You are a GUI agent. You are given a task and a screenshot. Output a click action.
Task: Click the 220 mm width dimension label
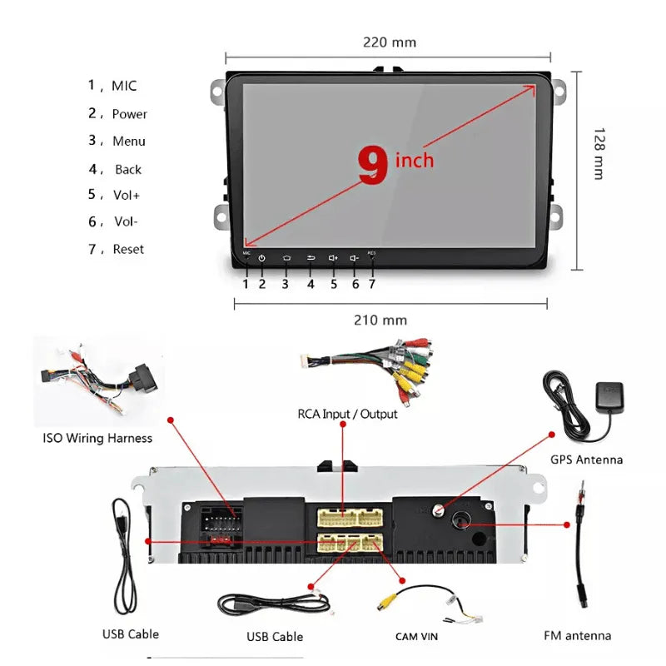click(389, 42)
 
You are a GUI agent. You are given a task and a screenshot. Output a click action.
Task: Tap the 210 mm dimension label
click(380, 320)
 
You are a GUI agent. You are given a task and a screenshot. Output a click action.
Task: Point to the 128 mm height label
click(597, 153)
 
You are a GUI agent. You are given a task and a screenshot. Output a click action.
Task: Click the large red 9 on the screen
click(373, 166)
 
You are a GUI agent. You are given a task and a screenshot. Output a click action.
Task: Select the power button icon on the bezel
click(261, 258)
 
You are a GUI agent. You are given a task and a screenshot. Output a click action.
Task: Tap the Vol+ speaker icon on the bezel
click(333, 258)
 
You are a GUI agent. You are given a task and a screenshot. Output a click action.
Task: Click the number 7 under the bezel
click(372, 284)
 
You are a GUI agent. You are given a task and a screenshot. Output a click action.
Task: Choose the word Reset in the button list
click(128, 249)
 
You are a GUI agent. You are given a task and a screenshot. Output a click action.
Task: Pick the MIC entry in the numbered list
click(123, 86)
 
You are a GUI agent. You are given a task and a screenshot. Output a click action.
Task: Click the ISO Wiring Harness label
click(97, 438)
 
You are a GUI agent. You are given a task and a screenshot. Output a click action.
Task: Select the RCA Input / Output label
click(347, 414)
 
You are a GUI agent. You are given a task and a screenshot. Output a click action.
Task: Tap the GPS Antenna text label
click(586, 460)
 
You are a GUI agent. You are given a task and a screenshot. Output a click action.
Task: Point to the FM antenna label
click(577, 635)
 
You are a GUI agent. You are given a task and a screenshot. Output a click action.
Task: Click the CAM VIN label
click(416, 637)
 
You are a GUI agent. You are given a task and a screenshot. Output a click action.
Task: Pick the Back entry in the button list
click(128, 169)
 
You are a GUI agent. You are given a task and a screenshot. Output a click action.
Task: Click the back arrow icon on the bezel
click(310, 258)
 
